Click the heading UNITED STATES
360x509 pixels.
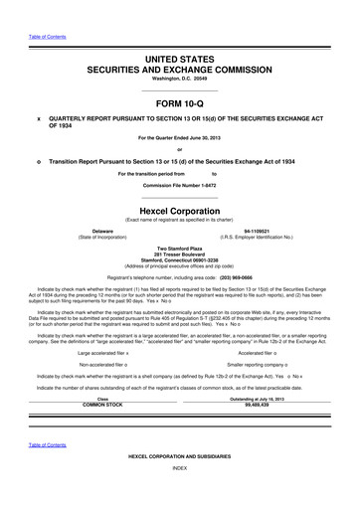pos(180,62)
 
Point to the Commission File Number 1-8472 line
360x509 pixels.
pos(180,186)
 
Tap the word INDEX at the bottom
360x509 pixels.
pos(180,494)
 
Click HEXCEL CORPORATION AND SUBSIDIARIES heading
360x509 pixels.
pos(180,483)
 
